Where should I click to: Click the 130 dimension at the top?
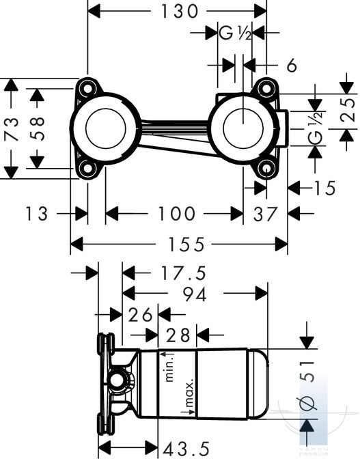(x=180, y=12)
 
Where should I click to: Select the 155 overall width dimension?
(x=186, y=245)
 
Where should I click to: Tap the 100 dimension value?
(x=176, y=214)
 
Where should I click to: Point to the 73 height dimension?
(x=11, y=129)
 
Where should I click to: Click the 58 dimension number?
(x=37, y=129)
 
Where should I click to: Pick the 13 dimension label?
(x=37, y=214)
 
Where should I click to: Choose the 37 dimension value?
(x=265, y=214)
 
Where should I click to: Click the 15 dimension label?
(x=324, y=188)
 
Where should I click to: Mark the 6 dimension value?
(x=292, y=66)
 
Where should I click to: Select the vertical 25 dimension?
(x=347, y=110)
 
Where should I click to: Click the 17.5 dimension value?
(x=183, y=273)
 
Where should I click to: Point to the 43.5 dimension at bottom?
(x=186, y=449)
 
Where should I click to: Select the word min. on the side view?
(x=169, y=367)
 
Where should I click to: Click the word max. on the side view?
(x=190, y=394)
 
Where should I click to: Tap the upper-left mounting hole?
(x=87, y=88)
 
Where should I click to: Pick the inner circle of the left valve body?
(x=106, y=128)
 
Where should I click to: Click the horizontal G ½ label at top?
(x=235, y=33)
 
